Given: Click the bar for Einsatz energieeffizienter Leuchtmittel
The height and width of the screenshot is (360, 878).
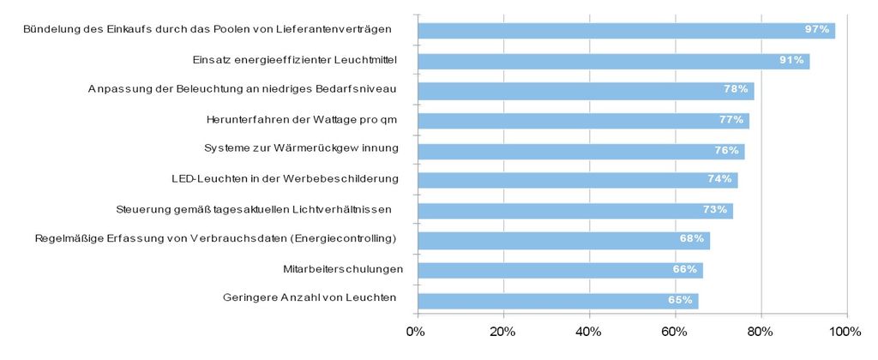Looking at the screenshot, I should [x=612, y=61].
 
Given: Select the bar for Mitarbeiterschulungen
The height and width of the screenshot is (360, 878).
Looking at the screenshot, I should [x=559, y=270].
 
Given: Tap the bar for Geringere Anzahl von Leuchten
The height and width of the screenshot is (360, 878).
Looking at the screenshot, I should [x=557, y=301].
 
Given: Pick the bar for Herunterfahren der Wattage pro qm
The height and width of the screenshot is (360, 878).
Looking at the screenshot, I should [x=583, y=120].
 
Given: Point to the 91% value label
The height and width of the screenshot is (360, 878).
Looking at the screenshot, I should [x=791, y=61].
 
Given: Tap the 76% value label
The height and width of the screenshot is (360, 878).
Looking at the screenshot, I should [x=727, y=150].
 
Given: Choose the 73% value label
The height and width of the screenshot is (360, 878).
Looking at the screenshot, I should [x=715, y=210].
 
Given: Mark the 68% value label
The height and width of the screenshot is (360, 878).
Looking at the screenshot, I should [x=692, y=238].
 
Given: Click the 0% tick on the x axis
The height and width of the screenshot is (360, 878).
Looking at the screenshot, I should [x=417, y=332].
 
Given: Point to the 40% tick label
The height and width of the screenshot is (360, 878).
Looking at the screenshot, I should [x=589, y=332].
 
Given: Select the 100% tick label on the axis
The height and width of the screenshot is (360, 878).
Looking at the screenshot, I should [x=846, y=332].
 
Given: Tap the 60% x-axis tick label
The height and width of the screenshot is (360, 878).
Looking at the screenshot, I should [x=675, y=332].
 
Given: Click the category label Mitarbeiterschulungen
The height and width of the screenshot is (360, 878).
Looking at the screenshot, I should [x=343, y=269].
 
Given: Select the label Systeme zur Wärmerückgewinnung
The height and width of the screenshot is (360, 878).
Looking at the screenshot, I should [x=301, y=148].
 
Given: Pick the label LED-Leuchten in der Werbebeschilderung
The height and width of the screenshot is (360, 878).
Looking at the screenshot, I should [x=286, y=178].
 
